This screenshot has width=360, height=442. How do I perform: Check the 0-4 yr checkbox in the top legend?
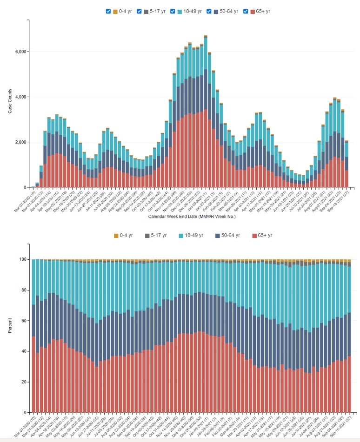coord(108,11)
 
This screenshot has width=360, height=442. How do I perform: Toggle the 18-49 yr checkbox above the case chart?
coord(173,11)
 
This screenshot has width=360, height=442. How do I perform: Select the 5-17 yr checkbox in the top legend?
coord(139,11)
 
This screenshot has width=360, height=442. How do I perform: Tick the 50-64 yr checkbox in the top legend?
coord(209,11)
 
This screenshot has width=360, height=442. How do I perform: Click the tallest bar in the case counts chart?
coord(205,112)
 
